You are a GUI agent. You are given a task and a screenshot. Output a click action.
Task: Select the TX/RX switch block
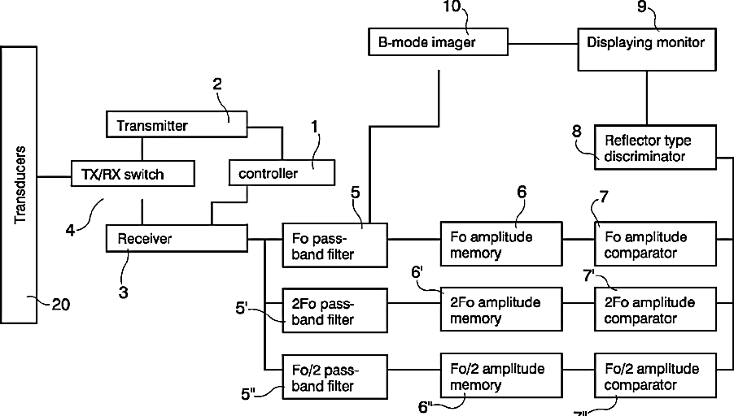click(x=133, y=173)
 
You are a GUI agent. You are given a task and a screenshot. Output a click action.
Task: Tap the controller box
click(x=281, y=173)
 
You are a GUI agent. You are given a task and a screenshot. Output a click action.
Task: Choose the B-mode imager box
click(x=438, y=41)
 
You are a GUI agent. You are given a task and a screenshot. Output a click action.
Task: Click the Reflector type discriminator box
click(x=654, y=147)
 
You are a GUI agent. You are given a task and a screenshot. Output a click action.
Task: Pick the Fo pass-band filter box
click(x=335, y=245)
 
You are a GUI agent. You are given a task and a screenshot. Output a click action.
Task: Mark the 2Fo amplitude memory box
click(x=500, y=310)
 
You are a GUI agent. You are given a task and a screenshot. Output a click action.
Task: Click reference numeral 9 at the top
click(x=642, y=7)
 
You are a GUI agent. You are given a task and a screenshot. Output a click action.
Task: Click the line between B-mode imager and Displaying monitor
click(x=543, y=41)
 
